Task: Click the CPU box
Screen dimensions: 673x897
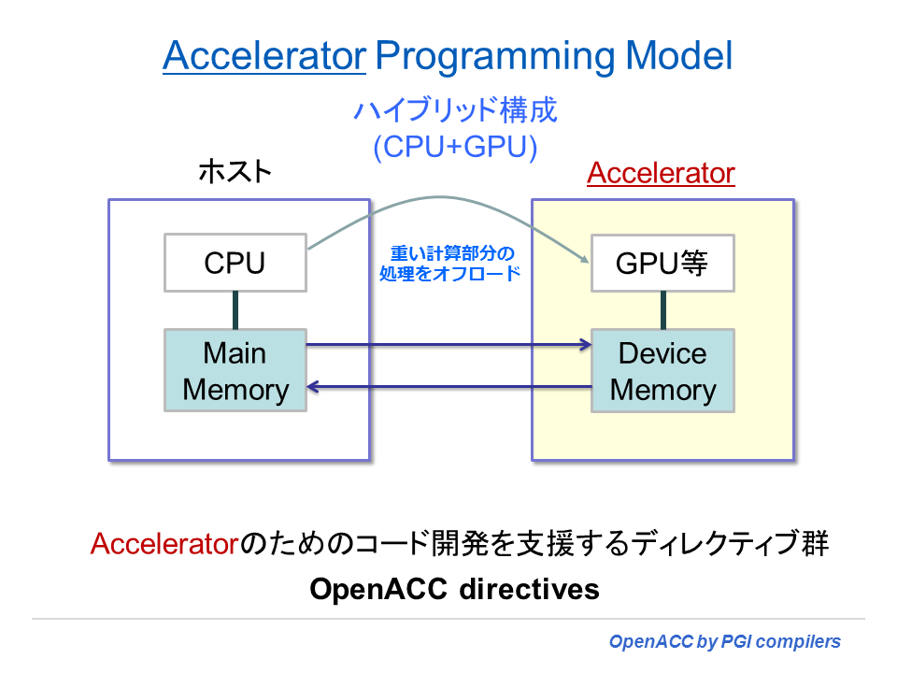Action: tap(235, 263)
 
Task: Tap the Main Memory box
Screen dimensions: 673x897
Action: tap(235, 371)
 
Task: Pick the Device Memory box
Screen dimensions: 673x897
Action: tap(662, 371)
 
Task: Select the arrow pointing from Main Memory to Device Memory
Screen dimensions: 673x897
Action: tap(448, 345)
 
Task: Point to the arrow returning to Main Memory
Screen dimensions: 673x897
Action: tap(448, 385)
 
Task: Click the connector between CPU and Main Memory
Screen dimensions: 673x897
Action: tap(235, 309)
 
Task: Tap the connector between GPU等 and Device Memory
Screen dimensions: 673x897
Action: tap(662, 309)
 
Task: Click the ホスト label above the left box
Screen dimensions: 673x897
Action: tap(235, 173)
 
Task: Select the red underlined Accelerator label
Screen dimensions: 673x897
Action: tap(661, 174)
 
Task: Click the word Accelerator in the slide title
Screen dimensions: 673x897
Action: tap(263, 57)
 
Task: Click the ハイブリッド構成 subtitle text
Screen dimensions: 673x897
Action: tap(455, 111)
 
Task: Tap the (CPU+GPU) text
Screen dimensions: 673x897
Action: tap(455, 147)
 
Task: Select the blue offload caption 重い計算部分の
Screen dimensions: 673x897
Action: tap(452, 253)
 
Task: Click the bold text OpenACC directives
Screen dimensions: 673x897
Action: tap(454, 590)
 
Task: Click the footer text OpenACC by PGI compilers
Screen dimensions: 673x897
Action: tap(724, 642)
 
